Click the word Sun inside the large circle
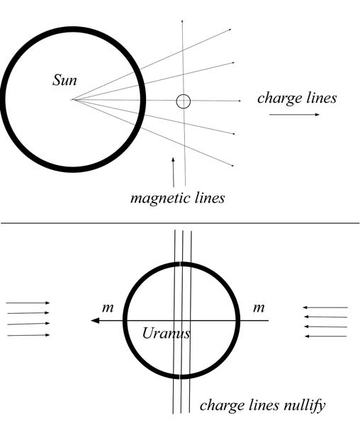click(x=64, y=81)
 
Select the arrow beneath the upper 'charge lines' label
click(x=294, y=115)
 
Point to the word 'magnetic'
click(x=160, y=198)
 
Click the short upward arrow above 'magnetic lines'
click(x=173, y=172)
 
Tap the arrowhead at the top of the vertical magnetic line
click(x=182, y=21)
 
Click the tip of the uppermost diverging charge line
click(x=231, y=29)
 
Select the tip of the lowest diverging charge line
click(x=233, y=166)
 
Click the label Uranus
click(x=166, y=334)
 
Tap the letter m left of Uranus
click(x=108, y=308)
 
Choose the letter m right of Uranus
click(x=259, y=308)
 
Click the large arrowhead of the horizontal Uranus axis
click(x=95, y=321)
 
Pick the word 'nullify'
click(x=305, y=406)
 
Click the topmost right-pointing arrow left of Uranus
click(x=28, y=302)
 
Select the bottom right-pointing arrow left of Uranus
click(x=28, y=335)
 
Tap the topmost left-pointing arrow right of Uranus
click(x=325, y=307)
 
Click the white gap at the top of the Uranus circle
click(x=180, y=264)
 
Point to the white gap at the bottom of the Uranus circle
click(x=179, y=377)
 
